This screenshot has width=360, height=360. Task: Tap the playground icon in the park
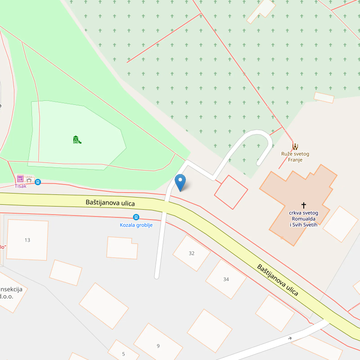(x=76, y=139)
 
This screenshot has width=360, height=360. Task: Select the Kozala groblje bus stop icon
(x=136, y=217)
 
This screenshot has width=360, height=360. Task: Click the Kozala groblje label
(x=136, y=225)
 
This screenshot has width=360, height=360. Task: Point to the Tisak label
(x=21, y=186)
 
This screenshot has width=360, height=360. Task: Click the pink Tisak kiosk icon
(x=20, y=179)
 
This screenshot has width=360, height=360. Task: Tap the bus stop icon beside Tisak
(x=38, y=182)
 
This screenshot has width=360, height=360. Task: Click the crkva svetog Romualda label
(x=303, y=218)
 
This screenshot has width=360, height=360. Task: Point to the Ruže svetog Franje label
(x=295, y=157)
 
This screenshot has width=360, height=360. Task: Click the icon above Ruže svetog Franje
(x=295, y=146)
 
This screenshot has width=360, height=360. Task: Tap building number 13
(x=27, y=240)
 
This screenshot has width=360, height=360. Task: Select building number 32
(x=192, y=253)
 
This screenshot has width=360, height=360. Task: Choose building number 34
(x=226, y=279)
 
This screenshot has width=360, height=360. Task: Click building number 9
(x=158, y=346)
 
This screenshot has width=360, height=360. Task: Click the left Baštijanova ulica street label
(x=110, y=203)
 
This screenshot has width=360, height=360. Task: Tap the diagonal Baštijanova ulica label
(x=278, y=280)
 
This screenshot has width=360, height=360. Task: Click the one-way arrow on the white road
(x=289, y=338)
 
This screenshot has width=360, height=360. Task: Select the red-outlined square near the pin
(x=231, y=192)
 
